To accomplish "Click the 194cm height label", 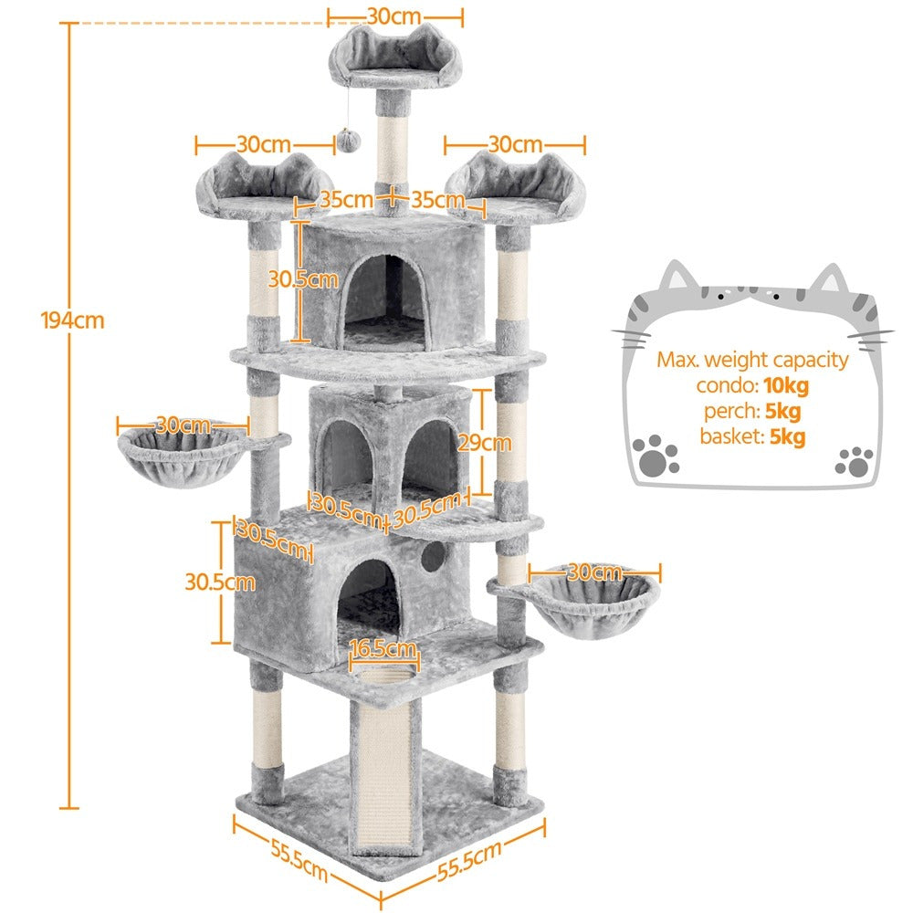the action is [73, 320].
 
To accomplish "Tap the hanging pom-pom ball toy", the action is [348, 141].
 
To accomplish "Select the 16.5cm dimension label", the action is [383, 648].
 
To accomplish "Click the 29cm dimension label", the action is [485, 443].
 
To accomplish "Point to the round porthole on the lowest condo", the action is [433, 557].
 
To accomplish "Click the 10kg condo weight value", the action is [786, 385].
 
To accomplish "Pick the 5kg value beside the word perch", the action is [783, 411].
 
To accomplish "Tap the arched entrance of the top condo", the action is [386, 302].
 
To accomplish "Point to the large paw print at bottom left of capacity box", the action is [656, 456].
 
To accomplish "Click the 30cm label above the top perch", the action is [394, 16].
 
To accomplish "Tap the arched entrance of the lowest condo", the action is [368, 598].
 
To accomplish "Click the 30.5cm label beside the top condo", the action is [303, 279].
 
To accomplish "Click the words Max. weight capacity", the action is [752, 360].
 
